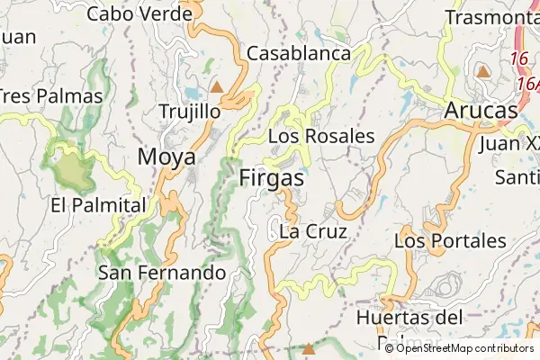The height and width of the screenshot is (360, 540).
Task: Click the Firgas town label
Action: pos(272,178)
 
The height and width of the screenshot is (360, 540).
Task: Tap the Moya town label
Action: pos(166,157)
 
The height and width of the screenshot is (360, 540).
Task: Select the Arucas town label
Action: pos(481,111)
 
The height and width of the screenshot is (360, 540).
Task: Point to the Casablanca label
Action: pos(298,53)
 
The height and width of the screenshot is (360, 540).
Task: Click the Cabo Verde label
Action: pos(140,13)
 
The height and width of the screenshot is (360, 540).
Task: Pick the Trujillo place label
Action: pos(189,112)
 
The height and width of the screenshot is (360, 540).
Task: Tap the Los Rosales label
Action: pos(321,136)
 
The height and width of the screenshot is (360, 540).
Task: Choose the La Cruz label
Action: pos(313,231)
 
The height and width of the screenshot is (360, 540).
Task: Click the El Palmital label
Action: pos(98,204)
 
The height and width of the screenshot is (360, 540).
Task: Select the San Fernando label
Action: pos(162,272)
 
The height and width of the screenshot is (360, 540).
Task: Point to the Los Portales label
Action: pos(450,241)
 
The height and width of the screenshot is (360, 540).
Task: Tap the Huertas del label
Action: pos(409,317)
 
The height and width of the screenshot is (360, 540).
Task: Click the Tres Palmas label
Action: pos(34,95)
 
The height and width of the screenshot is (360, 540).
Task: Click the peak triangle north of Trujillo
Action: pos(216,87)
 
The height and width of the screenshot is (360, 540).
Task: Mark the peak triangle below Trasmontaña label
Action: pos(483,71)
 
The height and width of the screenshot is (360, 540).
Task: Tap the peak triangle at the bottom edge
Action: pos(309,347)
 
